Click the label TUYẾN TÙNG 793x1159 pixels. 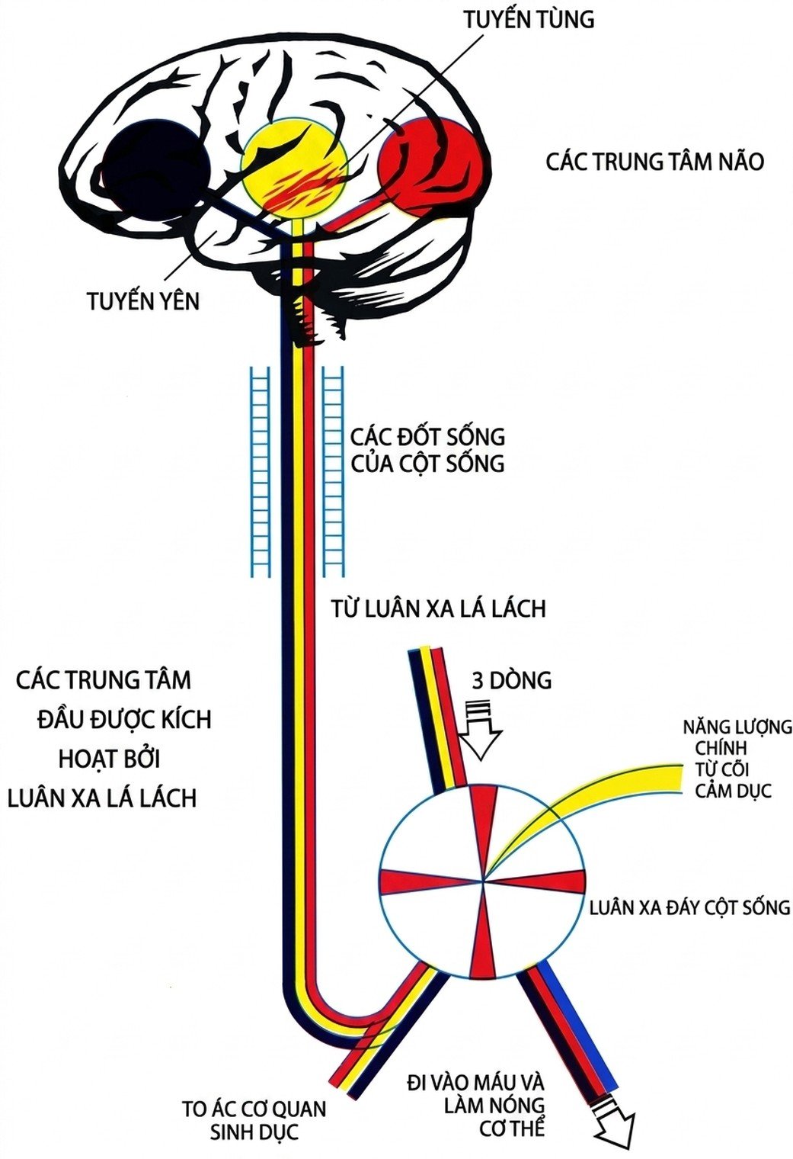click(x=529, y=20)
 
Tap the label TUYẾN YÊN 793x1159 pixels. click(x=143, y=300)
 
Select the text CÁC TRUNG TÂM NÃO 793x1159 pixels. click(x=655, y=162)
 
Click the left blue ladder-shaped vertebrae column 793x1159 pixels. click(x=260, y=471)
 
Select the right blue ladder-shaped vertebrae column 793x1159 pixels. click(x=334, y=471)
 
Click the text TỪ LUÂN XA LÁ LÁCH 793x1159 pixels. click(x=438, y=609)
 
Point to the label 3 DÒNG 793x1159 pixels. click(x=511, y=681)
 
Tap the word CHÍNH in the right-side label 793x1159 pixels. click(x=720, y=748)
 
